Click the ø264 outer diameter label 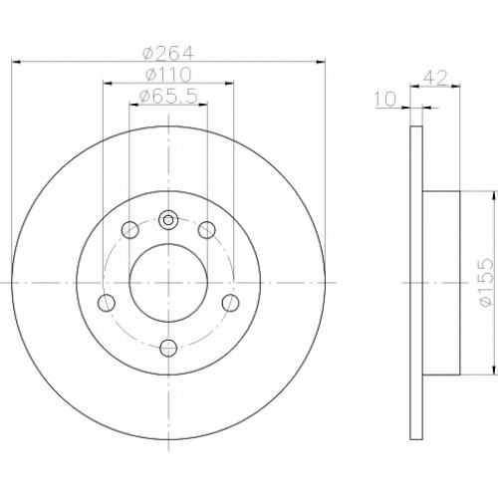167,53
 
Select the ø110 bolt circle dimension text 168,75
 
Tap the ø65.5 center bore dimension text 168,97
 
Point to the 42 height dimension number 435,78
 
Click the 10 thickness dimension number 385,99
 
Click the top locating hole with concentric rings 168,219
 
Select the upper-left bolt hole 129,230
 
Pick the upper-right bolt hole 207,230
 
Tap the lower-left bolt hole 107,303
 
